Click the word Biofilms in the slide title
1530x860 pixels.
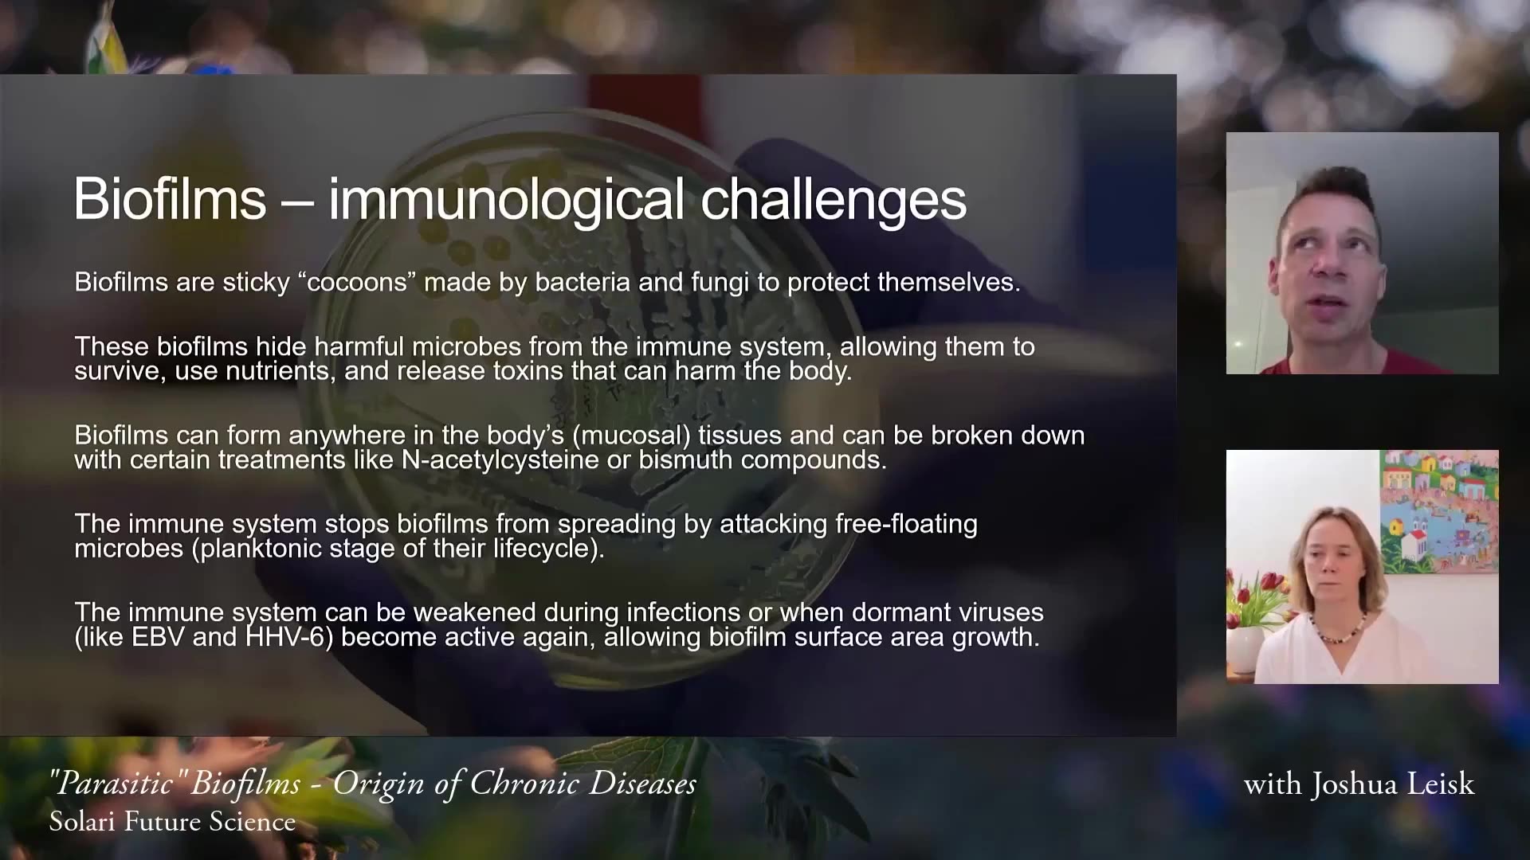pos(170,198)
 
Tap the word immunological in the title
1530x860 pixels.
pos(506,198)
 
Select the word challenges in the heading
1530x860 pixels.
pos(834,198)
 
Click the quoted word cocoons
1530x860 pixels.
pos(358,283)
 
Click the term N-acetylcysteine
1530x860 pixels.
pos(512,459)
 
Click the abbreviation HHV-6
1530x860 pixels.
pos(289,637)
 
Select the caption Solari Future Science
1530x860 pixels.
pos(172,822)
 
